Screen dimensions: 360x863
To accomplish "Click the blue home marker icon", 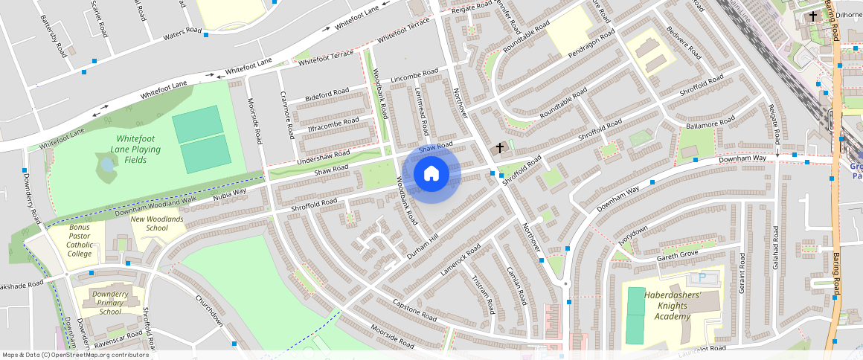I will click(431, 174).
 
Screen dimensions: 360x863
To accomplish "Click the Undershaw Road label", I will click(324, 156).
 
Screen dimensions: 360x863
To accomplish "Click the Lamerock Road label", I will click(458, 263).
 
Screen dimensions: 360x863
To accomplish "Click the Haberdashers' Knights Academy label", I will click(673, 306).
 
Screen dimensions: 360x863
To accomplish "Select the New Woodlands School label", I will click(157, 223).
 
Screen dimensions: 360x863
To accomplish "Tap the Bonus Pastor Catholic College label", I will click(80, 240).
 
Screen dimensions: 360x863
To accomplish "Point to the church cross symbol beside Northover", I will click(500, 148).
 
